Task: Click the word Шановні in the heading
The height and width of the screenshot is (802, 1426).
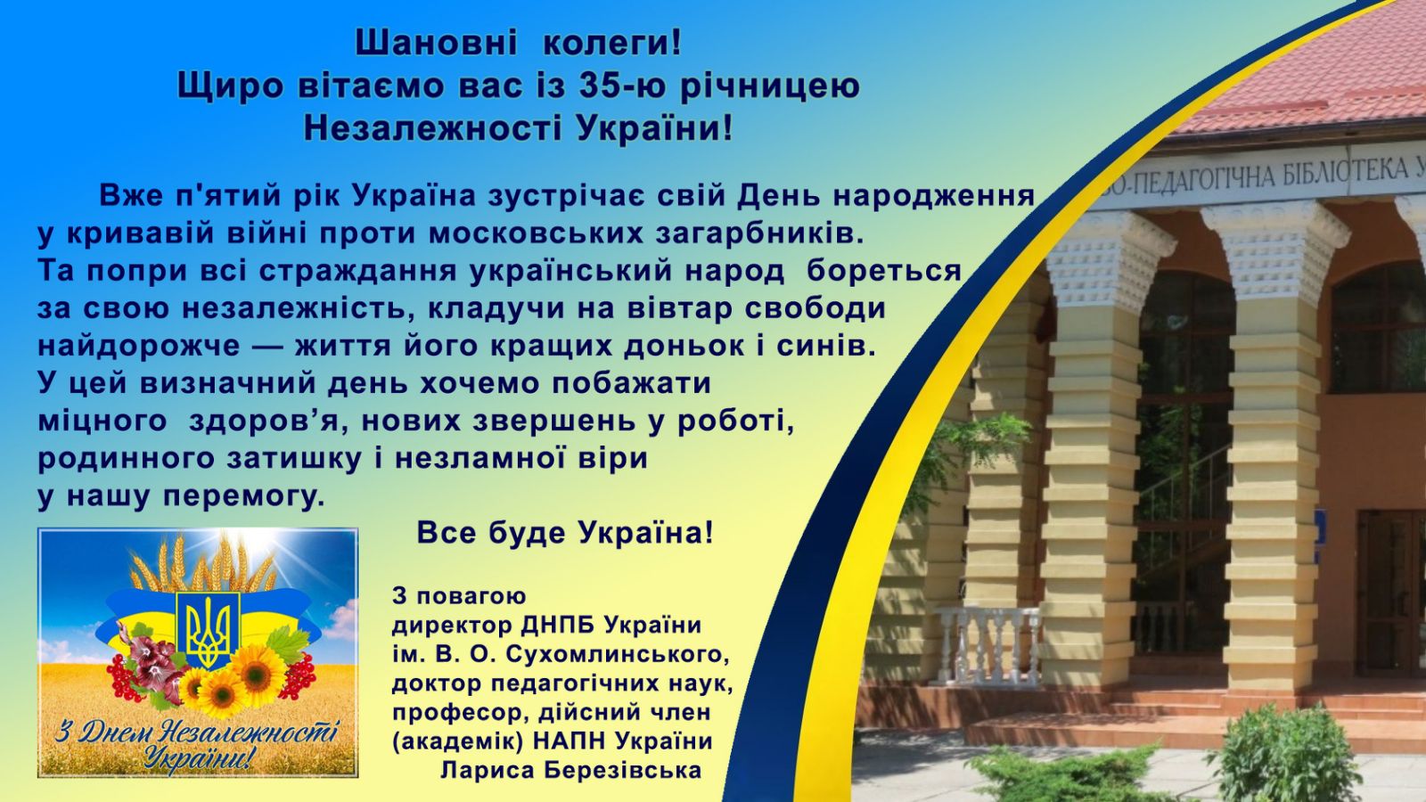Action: pos(436,44)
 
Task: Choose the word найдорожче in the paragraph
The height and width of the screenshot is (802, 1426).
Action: pos(139,347)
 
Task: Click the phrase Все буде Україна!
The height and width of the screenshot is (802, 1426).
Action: pos(565,533)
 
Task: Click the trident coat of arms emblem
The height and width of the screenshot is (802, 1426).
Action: pos(208,629)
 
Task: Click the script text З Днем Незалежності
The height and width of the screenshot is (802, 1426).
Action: pos(196,732)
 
